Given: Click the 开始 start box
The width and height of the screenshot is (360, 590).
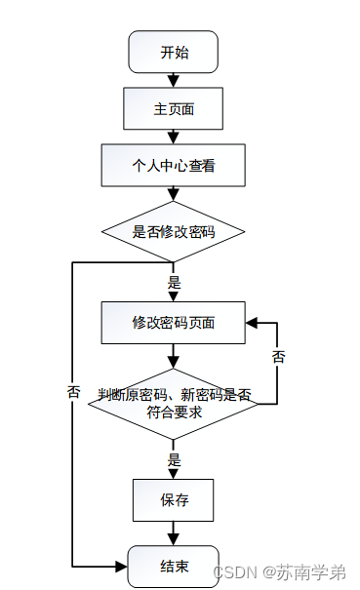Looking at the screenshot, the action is pos(174,52).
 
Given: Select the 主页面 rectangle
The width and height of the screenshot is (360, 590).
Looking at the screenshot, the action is pos(174,109).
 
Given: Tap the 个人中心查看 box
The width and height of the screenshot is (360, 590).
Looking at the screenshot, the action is pos(174,165).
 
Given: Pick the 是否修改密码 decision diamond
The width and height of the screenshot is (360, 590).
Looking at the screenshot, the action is pos(174,231).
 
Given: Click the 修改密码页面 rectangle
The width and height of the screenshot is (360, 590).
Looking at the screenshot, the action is pos(174,323).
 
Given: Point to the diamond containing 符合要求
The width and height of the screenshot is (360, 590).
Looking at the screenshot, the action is pos(174,404).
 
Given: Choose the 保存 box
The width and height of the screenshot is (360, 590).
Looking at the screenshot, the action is pos(174,500).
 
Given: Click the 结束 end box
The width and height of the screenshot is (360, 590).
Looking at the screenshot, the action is pos(174,567).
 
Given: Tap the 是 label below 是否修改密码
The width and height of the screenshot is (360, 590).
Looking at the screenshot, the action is pos(175,283).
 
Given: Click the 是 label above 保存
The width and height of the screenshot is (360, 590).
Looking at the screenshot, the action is pos(175,459).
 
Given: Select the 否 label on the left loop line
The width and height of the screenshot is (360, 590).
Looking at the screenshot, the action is pos(73,392).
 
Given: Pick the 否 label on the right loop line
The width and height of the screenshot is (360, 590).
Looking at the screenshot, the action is pos(279,356).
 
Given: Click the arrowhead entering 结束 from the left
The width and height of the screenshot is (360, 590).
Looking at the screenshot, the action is pos(122,567).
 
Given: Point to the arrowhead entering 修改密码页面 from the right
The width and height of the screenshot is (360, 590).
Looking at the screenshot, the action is pos(252,323).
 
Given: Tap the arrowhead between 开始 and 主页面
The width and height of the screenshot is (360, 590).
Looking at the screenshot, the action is pos(174,82).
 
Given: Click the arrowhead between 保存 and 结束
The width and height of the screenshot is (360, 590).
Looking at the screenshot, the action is pos(174,539).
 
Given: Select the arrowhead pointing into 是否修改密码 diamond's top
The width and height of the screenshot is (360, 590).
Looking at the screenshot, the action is pos(174,195).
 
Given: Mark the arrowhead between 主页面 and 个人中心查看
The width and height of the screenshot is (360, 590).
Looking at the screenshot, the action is pos(174,138).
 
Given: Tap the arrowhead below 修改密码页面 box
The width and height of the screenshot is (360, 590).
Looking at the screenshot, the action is pos(174,363).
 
